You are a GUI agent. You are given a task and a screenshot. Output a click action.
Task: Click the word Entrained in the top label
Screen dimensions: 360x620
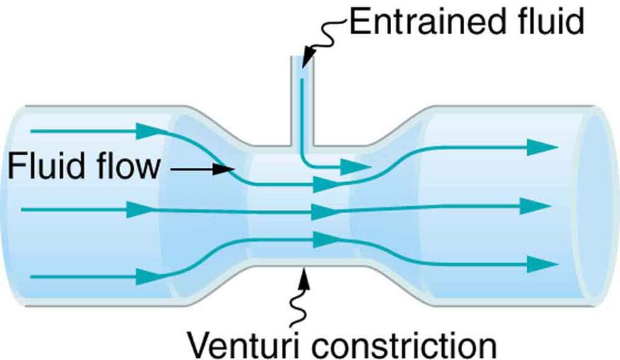(417, 23)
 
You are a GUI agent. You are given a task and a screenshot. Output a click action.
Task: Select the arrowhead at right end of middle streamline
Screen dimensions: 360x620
(535, 206)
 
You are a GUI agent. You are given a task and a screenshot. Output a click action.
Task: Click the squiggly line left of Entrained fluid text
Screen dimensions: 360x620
(328, 37)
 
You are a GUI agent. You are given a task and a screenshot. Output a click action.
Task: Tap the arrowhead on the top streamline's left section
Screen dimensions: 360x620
(147, 130)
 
